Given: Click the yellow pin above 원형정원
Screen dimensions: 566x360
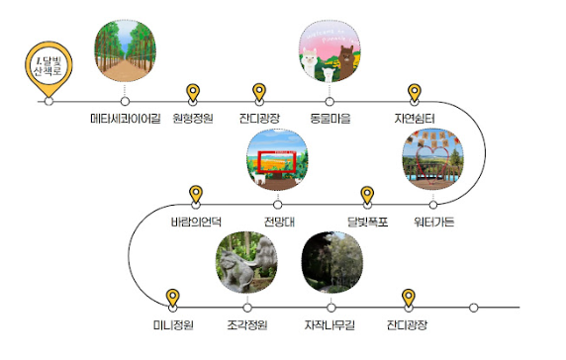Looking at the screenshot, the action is click(194, 92).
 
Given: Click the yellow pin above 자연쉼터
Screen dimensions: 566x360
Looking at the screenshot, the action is click(416, 92).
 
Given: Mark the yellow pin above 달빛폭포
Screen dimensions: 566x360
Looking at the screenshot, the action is click(367, 194).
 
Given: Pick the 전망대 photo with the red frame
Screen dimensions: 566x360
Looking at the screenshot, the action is click(278, 160).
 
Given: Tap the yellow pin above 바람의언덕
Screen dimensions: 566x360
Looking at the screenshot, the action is click(196, 194).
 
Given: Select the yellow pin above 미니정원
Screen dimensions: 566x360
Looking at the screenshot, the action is click(173, 296).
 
